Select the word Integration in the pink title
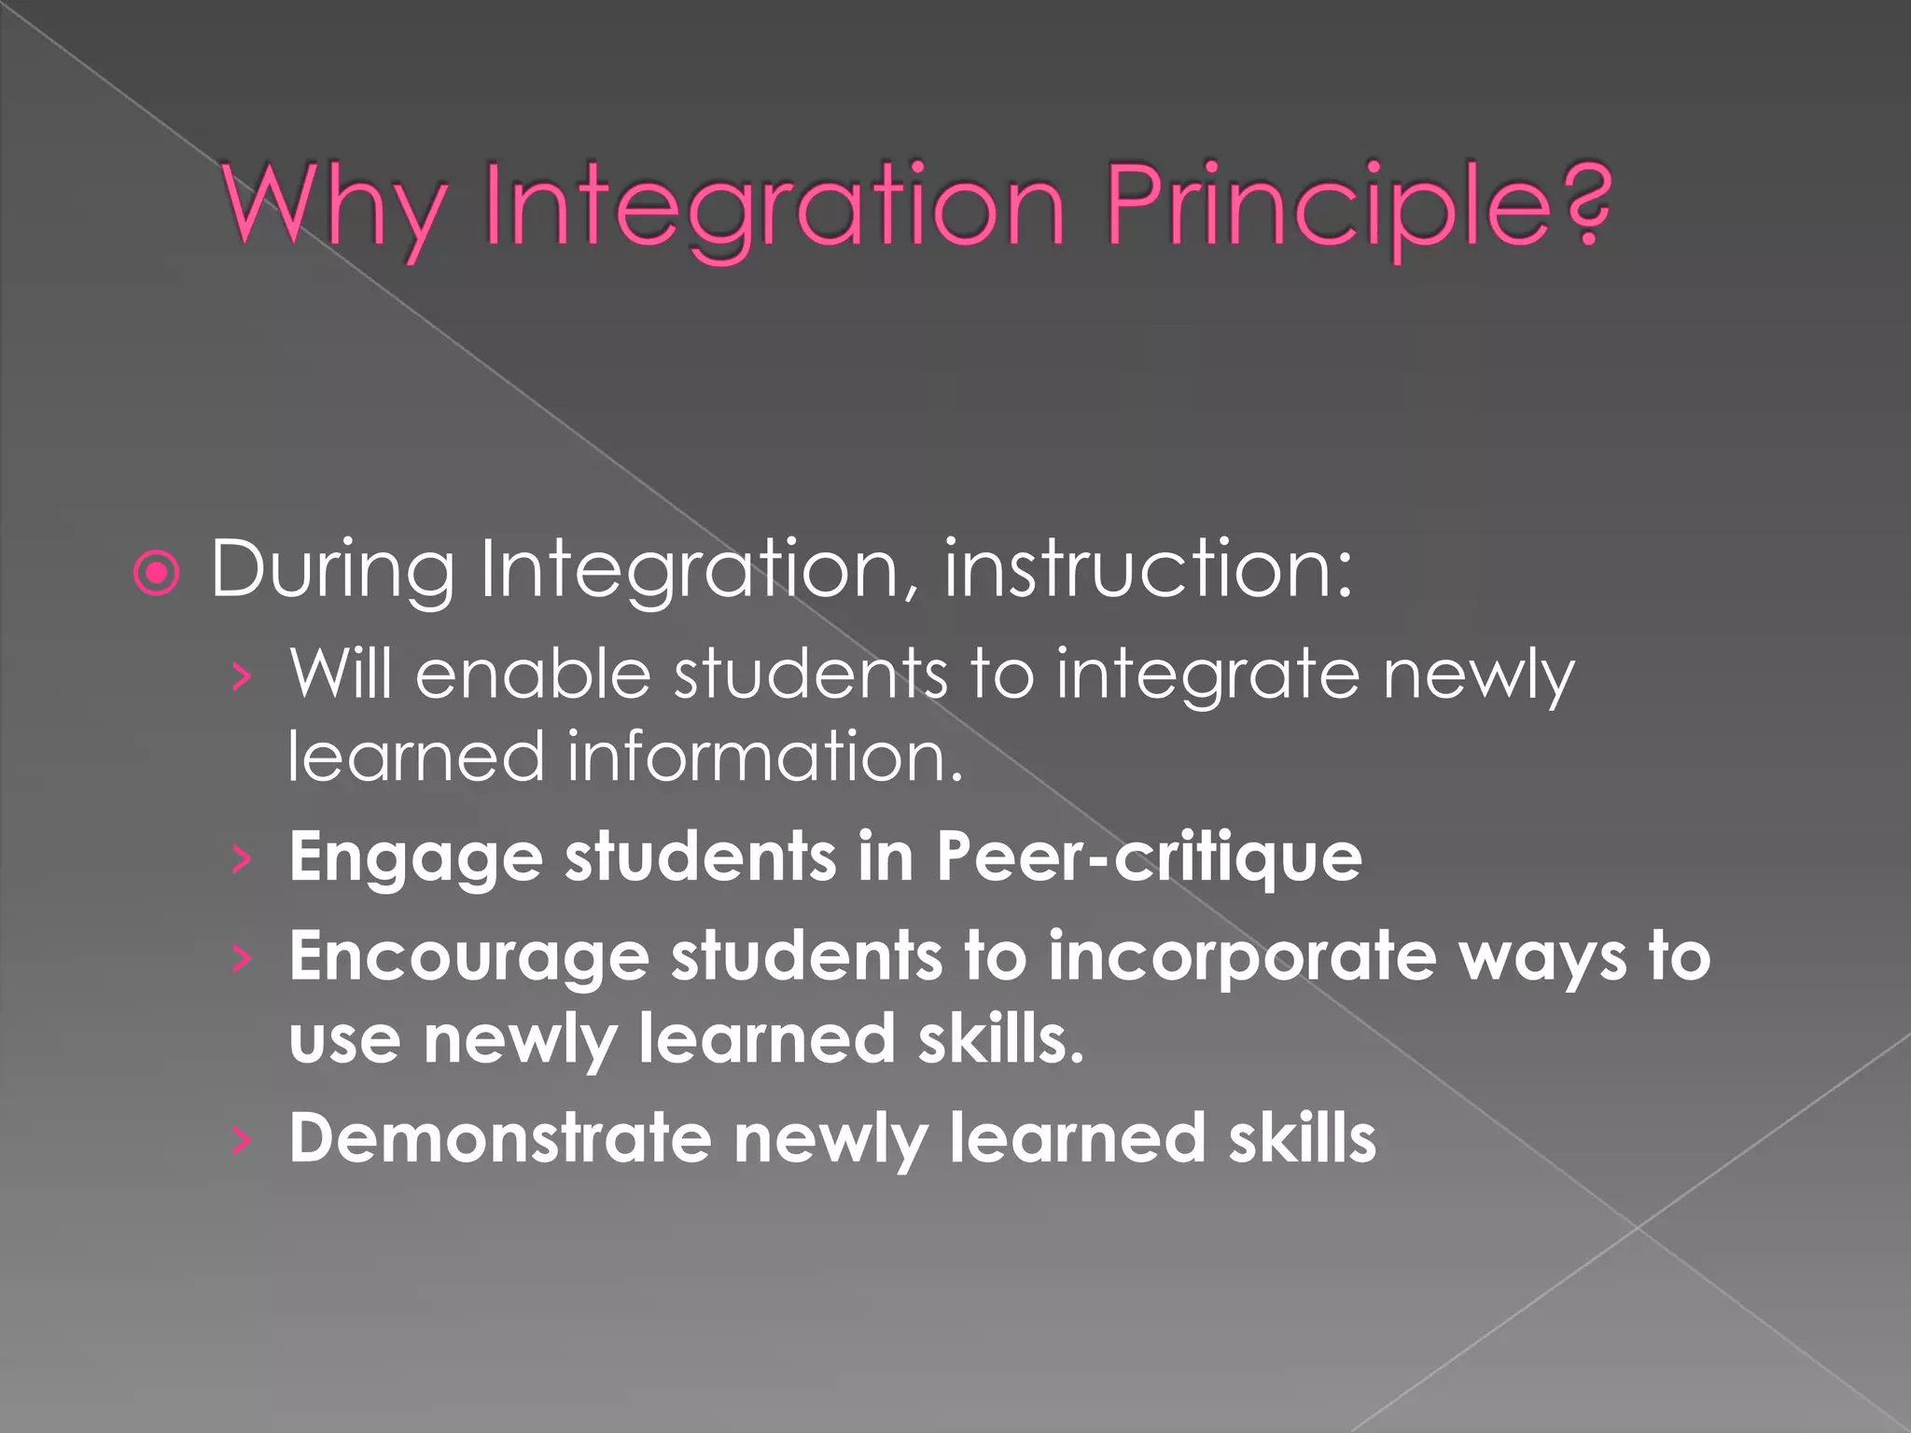(774, 206)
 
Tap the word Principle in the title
(1326, 206)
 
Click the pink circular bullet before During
(157, 573)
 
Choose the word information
(765, 756)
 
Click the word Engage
(416, 857)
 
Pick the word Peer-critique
(1149, 857)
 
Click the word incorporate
(1242, 957)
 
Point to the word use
(344, 1039)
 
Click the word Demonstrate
(500, 1137)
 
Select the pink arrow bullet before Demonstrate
(242, 1139)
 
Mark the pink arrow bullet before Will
(242, 676)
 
